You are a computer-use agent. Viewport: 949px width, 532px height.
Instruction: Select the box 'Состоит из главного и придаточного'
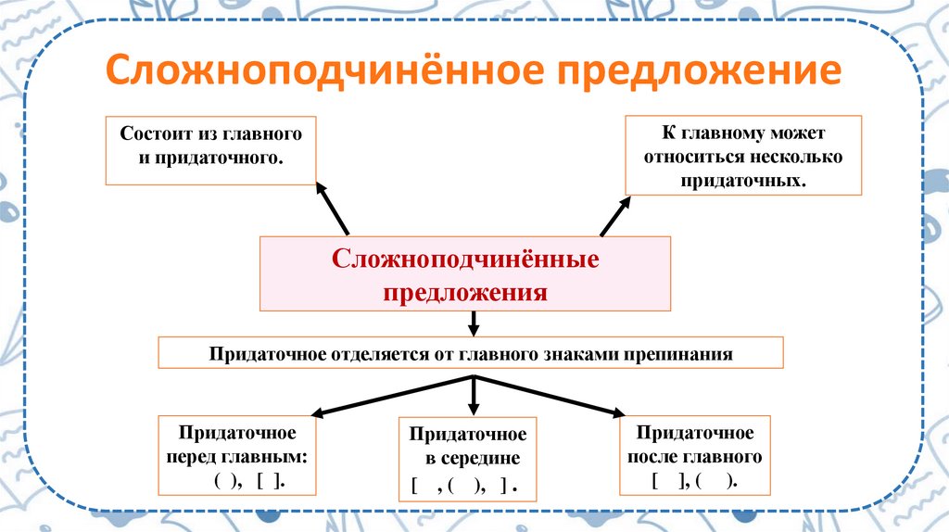(x=210, y=149)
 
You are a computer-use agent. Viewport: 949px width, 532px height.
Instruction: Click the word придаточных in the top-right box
(x=742, y=180)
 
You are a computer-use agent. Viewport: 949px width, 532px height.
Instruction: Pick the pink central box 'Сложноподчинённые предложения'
(x=465, y=273)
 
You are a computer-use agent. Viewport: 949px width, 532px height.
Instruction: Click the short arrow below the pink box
(x=474, y=323)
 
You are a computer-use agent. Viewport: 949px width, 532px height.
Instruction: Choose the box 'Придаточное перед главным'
(x=236, y=457)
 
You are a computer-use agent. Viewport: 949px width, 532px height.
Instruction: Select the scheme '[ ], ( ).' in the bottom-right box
(x=694, y=480)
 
